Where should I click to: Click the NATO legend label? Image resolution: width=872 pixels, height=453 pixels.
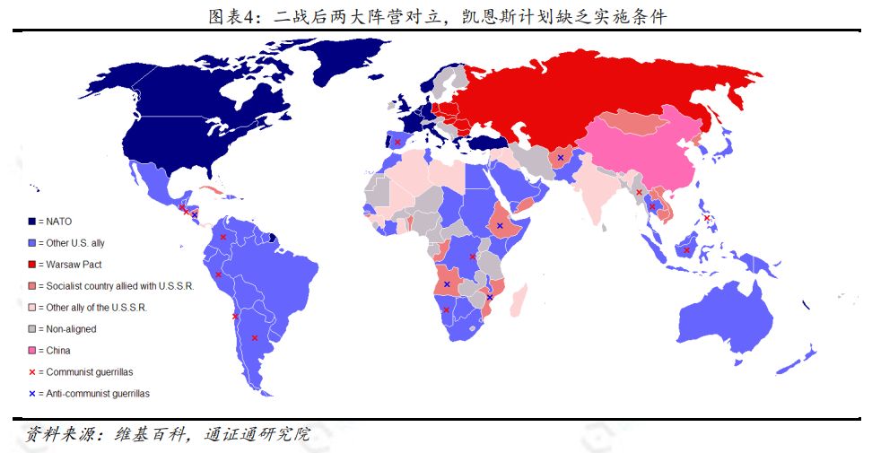click(x=56, y=222)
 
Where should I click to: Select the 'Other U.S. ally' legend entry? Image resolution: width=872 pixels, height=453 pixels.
click(x=77, y=243)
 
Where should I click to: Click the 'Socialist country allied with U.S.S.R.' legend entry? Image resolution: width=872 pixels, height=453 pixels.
click(x=116, y=286)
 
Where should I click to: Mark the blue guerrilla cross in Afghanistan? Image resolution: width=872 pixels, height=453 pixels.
click(x=561, y=158)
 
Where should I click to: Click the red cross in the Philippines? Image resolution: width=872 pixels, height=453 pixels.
click(x=707, y=218)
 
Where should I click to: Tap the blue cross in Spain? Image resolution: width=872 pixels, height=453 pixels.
click(x=397, y=142)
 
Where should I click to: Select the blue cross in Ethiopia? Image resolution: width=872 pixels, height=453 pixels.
click(x=500, y=225)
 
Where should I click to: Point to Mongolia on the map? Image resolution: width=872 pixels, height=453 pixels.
click(x=639, y=121)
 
